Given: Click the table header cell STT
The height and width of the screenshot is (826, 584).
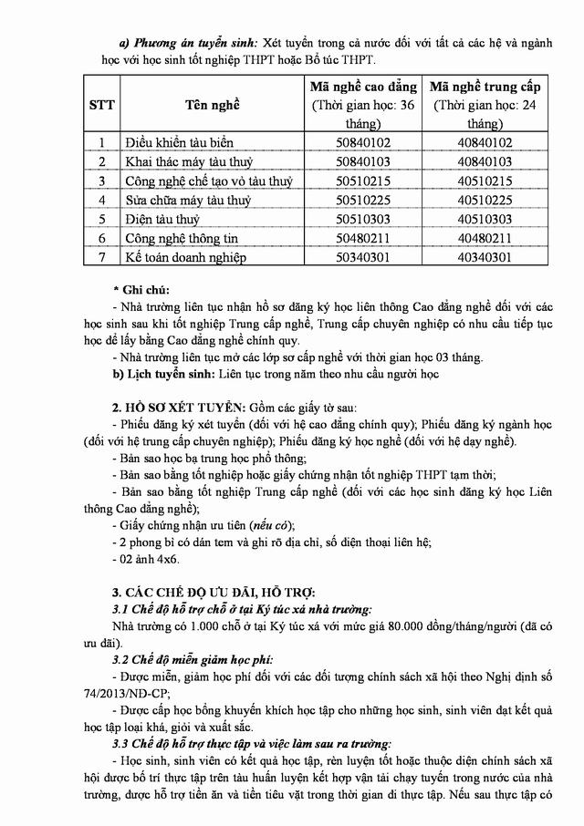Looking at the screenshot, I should [x=102, y=104].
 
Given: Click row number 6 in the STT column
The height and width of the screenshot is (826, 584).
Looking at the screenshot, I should [x=103, y=238].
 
